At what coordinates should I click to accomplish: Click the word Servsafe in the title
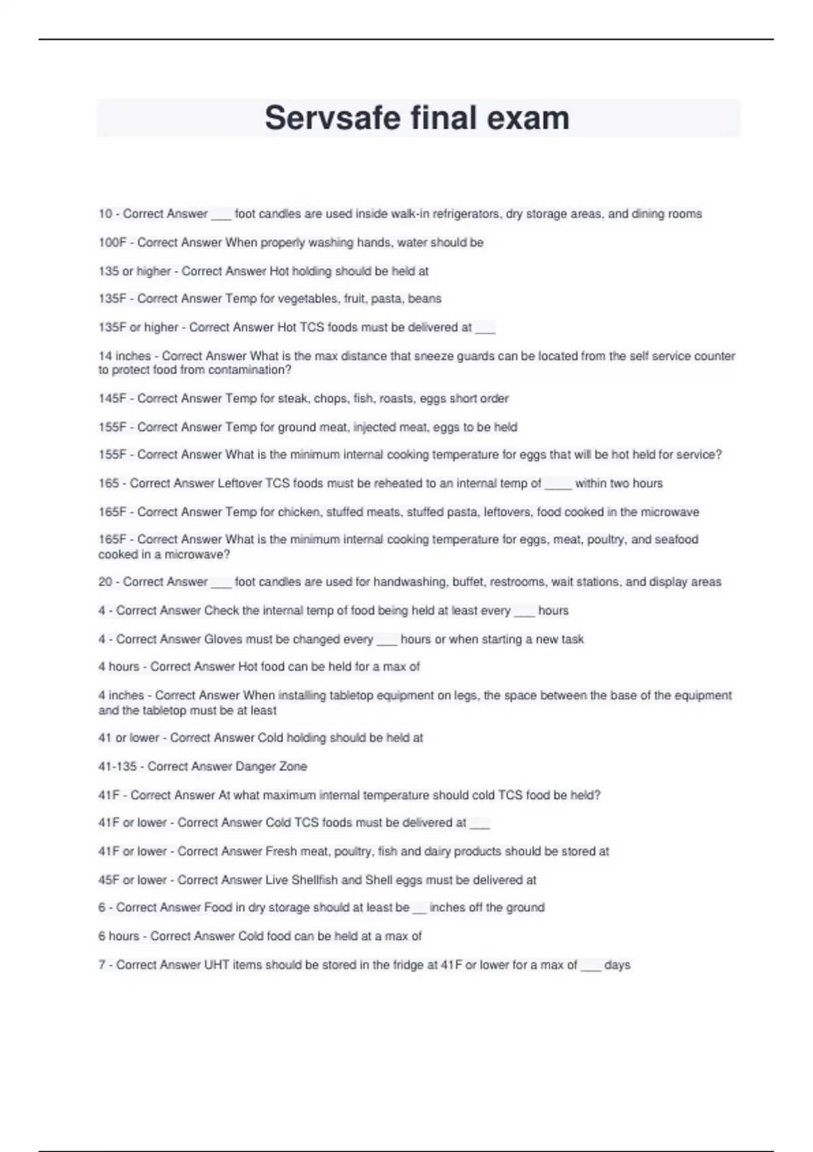(332, 118)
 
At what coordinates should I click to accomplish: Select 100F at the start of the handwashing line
(112, 243)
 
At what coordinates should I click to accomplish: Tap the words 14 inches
(125, 356)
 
